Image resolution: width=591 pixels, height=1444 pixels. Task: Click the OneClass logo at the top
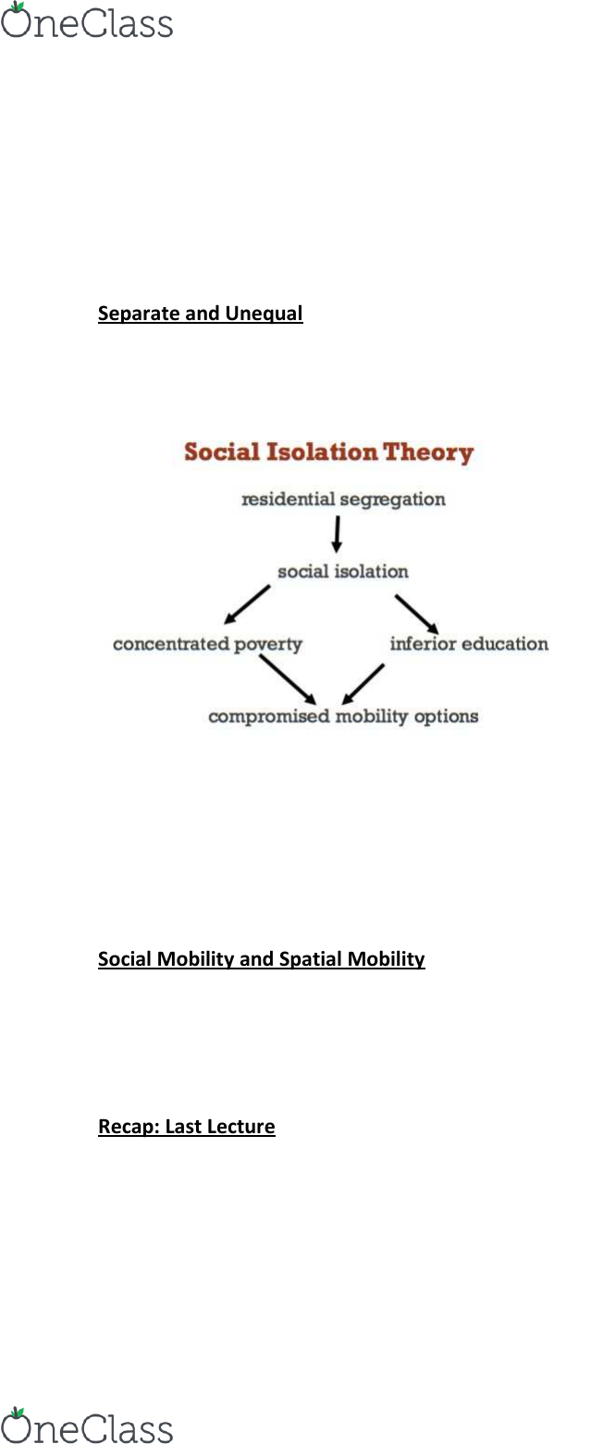pyautogui.click(x=87, y=20)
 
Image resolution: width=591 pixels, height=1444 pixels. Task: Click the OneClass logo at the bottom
pyautogui.click(x=87, y=1425)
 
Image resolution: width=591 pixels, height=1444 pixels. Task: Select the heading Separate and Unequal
pyautogui.click(x=201, y=314)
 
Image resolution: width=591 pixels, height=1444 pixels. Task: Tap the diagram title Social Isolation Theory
pyautogui.click(x=328, y=452)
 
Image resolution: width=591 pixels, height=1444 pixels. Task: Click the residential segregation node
pyautogui.click(x=343, y=500)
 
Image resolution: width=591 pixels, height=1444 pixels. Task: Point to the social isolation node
pyautogui.click(x=343, y=571)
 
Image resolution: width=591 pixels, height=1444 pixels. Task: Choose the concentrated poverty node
pyautogui.click(x=207, y=644)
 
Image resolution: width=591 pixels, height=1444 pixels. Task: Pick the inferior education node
pyautogui.click(x=469, y=643)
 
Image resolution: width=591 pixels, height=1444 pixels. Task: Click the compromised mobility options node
pyautogui.click(x=343, y=716)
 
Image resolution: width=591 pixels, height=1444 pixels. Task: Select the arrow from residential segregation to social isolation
pyautogui.click(x=337, y=535)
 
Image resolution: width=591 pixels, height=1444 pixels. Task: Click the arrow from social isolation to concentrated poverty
pyautogui.click(x=247, y=605)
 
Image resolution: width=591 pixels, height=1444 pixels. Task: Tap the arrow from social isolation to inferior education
pyautogui.click(x=417, y=614)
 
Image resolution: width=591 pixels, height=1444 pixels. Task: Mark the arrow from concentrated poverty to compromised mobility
pyautogui.click(x=288, y=680)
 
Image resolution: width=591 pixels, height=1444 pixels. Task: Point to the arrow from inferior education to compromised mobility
pyautogui.click(x=363, y=684)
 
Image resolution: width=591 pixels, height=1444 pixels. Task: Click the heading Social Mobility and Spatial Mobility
pyautogui.click(x=262, y=959)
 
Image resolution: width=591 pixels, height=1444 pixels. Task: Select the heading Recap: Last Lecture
pyautogui.click(x=187, y=1126)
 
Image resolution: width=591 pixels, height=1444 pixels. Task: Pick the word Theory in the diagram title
pyautogui.click(x=428, y=453)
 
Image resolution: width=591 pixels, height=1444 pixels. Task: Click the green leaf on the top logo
pyautogui.click(x=18, y=7)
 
